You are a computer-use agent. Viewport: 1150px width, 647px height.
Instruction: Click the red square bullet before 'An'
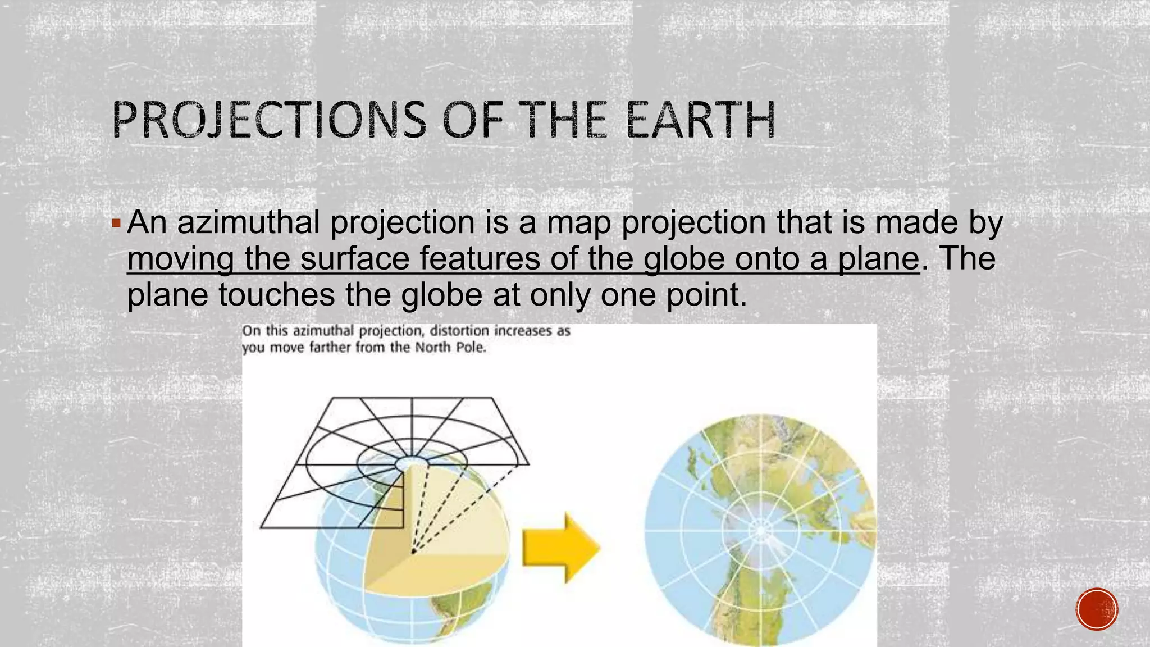click(x=116, y=224)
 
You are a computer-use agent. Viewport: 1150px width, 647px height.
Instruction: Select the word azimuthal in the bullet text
click(x=248, y=222)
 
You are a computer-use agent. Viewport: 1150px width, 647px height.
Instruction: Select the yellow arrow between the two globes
click(x=560, y=546)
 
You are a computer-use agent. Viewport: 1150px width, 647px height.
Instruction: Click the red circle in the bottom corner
click(x=1097, y=609)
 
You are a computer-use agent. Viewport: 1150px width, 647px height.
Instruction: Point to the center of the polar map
click(x=761, y=530)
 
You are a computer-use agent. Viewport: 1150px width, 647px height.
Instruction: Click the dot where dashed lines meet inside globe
click(x=413, y=552)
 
